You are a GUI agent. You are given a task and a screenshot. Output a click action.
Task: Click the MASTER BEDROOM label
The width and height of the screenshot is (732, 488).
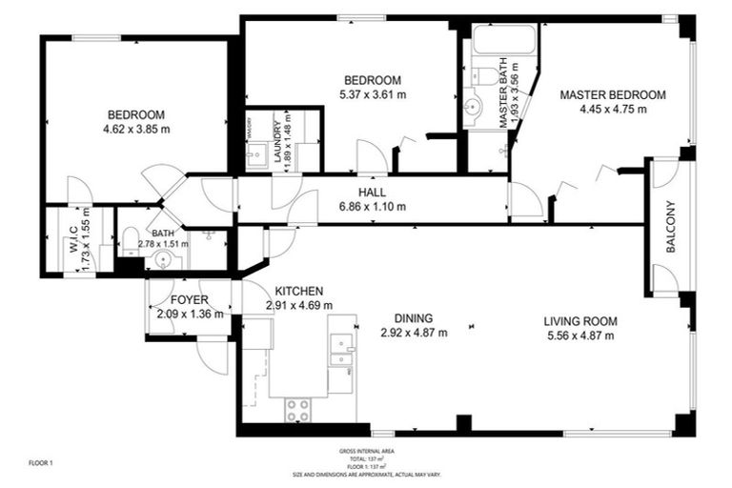click(x=612, y=95)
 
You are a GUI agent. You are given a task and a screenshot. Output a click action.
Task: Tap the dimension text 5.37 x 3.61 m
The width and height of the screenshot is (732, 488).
click(x=373, y=94)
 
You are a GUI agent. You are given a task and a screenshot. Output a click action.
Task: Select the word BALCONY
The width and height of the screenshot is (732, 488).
click(x=670, y=226)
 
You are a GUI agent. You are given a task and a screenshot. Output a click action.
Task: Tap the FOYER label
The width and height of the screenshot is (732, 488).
click(x=190, y=299)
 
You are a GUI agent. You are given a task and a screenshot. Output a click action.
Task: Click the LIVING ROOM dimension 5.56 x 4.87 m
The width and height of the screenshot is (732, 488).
click(x=579, y=335)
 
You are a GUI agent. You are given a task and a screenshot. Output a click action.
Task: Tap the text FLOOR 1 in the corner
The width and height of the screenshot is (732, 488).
click(x=41, y=463)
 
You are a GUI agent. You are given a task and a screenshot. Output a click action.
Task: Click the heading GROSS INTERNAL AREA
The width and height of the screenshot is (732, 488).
click(x=366, y=450)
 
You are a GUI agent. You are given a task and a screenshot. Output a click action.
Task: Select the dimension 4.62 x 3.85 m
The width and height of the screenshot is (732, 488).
click(x=137, y=129)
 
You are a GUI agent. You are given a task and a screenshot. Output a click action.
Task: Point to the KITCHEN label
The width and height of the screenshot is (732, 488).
click(x=299, y=291)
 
